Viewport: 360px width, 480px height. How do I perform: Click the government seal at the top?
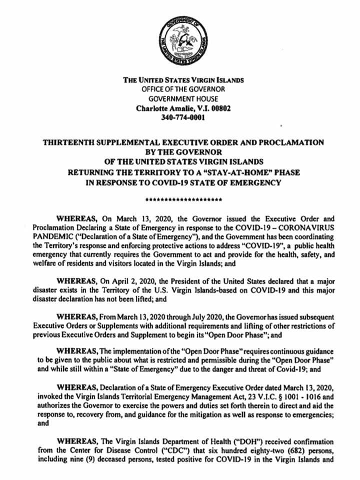[183, 39]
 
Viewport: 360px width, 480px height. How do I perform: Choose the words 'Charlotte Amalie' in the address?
[163, 108]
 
